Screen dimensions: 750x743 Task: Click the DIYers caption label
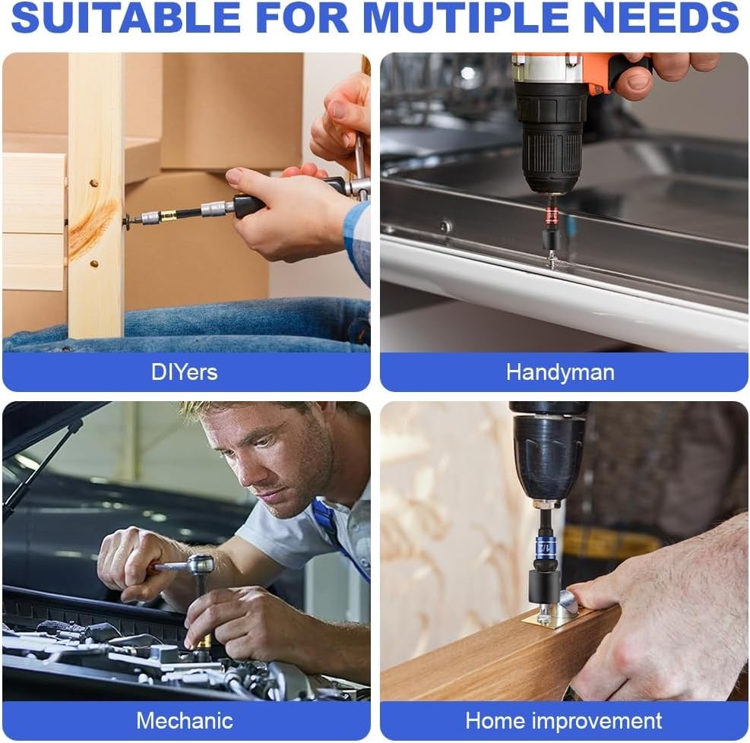[x=184, y=372]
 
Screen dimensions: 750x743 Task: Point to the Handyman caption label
[x=560, y=372]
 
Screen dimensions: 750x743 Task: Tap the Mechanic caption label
[x=185, y=720]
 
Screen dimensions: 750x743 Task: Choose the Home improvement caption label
[x=564, y=720]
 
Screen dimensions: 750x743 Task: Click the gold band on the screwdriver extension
[x=167, y=216]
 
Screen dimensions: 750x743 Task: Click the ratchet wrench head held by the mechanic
[x=201, y=564]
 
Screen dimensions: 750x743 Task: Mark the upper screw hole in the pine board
[x=94, y=183]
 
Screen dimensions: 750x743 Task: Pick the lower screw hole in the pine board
[x=94, y=264]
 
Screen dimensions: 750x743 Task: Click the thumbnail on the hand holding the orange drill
[x=638, y=81]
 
